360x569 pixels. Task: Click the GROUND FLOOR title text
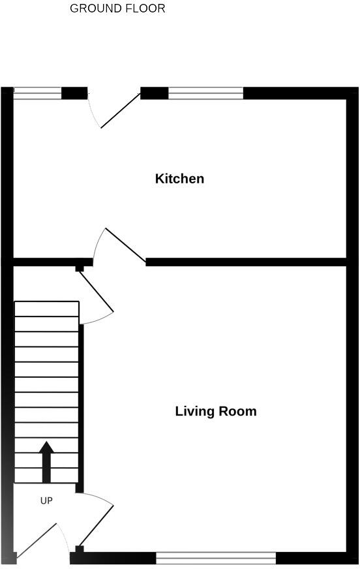pos(117,8)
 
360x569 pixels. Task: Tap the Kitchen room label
pos(179,178)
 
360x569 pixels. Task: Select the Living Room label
pos(216,411)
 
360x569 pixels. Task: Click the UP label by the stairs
pos(46,500)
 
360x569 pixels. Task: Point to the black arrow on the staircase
pos(46,461)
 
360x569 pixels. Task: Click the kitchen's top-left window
pos(37,93)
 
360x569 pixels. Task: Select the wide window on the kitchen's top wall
pos(205,93)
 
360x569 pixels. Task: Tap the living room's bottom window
pos(216,557)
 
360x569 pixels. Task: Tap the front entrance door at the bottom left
pos(42,542)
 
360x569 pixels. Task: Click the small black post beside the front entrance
pos(80,550)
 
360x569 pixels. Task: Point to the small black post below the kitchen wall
pos(80,268)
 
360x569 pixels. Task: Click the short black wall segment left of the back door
pos(74,93)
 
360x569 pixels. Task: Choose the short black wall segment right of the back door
pos(155,93)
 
